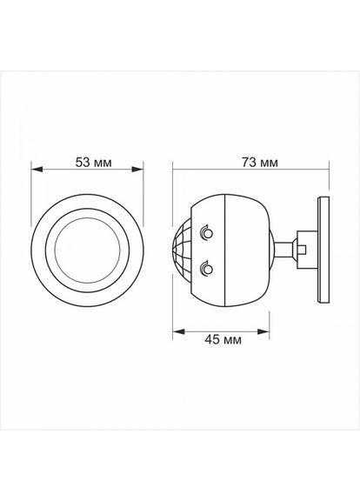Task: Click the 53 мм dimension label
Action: click(x=94, y=163)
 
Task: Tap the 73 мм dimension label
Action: click(x=259, y=163)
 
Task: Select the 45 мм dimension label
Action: click(x=223, y=340)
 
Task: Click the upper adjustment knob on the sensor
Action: click(x=206, y=233)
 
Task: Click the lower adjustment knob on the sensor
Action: click(x=206, y=269)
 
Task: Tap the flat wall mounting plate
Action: click(x=323, y=250)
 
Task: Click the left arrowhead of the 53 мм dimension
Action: click(x=37, y=170)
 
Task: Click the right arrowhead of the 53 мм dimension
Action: click(x=137, y=170)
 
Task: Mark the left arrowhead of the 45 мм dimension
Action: click(x=179, y=331)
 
